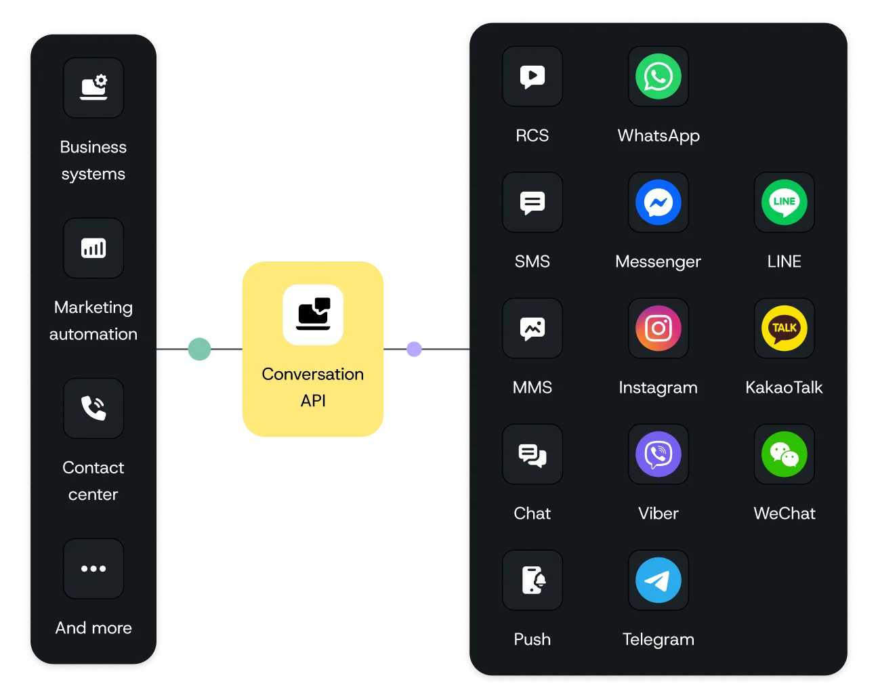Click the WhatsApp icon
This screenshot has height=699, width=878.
tap(658, 77)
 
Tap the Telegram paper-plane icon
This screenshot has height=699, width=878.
tap(658, 580)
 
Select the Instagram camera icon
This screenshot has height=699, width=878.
tap(658, 329)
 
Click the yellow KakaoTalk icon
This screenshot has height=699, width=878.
tap(784, 329)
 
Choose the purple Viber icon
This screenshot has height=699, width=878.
tap(658, 454)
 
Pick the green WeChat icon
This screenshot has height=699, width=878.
tap(784, 454)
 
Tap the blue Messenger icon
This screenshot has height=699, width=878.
tap(658, 203)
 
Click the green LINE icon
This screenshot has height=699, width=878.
tap(784, 203)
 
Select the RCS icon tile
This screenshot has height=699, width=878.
tap(532, 77)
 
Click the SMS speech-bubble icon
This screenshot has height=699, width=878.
tap(532, 203)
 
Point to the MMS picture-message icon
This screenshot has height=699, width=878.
tap(532, 329)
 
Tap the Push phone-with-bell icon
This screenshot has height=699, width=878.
tap(532, 580)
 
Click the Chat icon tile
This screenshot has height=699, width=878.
tap(532, 454)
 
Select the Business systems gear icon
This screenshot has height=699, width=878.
tap(93, 88)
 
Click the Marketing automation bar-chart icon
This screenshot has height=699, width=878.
tap(93, 248)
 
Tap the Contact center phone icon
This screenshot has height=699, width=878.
tap(93, 408)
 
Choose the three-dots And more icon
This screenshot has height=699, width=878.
tap(93, 569)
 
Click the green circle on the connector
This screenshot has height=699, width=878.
tap(199, 349)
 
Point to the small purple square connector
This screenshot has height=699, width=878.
tap(415, 349)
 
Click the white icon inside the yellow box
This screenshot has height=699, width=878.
tap(313, 315)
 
